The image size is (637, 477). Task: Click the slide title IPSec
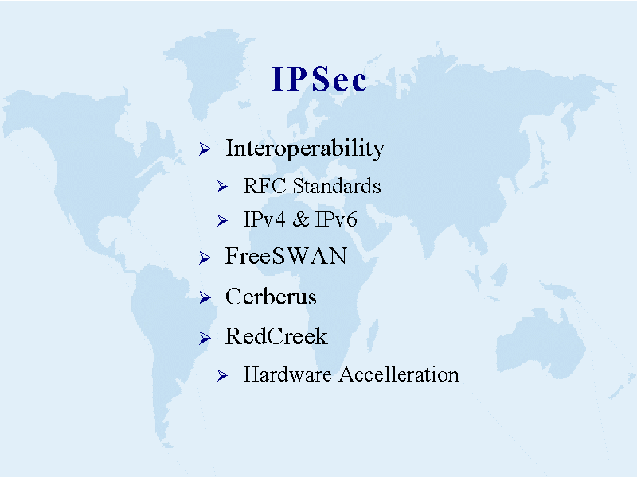319,78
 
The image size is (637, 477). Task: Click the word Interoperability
305,149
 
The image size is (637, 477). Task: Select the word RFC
264,186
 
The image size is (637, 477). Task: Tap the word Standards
337,186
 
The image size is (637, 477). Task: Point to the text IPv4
264,219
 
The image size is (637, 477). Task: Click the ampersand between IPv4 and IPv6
301,219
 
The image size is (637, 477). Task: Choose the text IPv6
336,219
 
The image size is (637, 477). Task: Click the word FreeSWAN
286,256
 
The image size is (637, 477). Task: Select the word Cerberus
271,296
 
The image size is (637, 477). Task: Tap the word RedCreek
276,336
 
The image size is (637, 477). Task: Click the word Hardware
287,374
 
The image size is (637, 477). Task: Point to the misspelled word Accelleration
399,374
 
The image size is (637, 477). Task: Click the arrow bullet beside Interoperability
205,149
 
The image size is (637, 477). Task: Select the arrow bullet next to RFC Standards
222,187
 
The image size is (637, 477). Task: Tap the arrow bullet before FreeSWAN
205,258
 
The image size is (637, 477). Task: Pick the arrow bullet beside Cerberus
205,297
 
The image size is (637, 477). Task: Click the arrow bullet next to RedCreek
205,338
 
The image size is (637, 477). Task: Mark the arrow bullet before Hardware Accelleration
222,375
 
